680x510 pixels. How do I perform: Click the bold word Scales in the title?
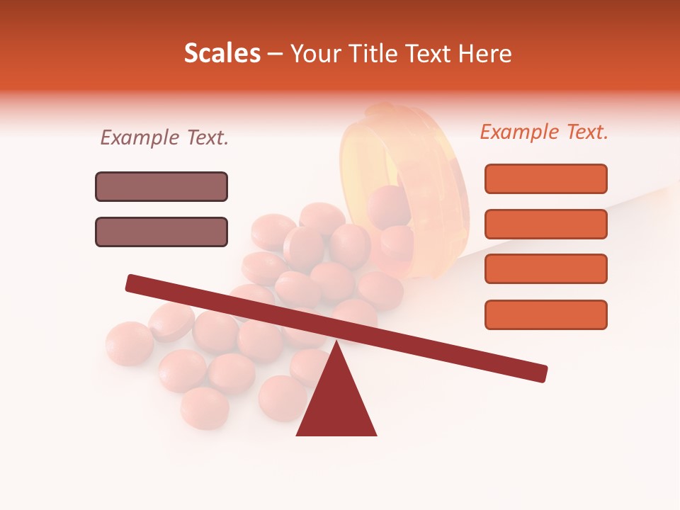click(222, 53)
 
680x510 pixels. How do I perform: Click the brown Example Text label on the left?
click(164, 137)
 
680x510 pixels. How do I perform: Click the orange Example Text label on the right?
click(544, 132)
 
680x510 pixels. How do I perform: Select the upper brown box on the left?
click(161, 186)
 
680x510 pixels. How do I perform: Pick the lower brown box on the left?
click(161, 232)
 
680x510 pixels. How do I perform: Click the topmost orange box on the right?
click(545, 178)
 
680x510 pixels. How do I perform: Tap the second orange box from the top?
click(545, 224)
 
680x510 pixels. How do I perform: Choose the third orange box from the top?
click(545, 268)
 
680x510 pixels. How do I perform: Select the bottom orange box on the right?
click(545, 314)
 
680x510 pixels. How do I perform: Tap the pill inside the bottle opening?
click(388, 205)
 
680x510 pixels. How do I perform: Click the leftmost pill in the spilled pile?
click(130, 344)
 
